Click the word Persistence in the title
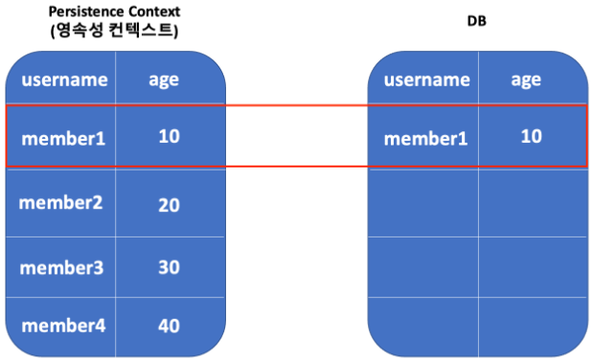click(86, 11)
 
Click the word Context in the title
click(154, 11)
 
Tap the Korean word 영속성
click(80, 31)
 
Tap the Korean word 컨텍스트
click(141, 31)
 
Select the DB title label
click(476, 21)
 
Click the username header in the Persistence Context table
click(65, 79)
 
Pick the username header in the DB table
click(427, 79)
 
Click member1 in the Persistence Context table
click(63, 139)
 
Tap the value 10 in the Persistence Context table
click(169, 136)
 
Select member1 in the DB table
click(426, 139)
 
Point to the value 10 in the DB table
click(532, 136)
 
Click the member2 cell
click(60, 203)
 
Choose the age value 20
click(169, 205)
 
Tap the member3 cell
click(61, 268)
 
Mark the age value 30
click(169, 267)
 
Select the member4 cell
click(63, 326)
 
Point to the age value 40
click(169, 326)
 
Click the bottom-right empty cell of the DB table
click(533, 326)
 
